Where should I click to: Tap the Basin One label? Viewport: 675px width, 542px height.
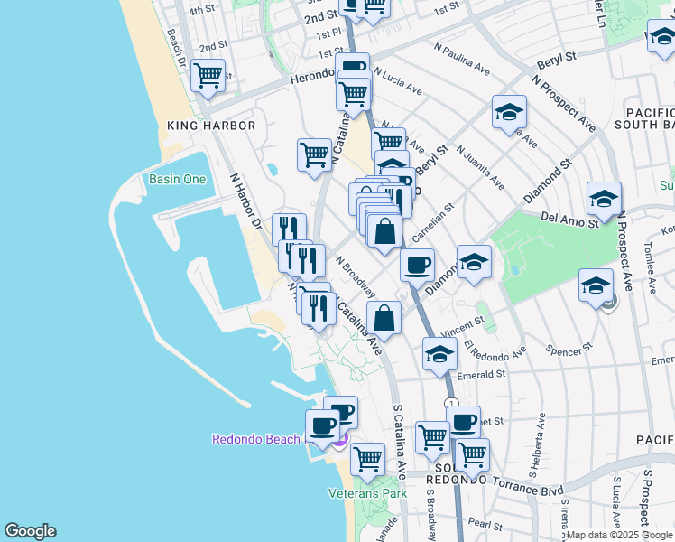178,179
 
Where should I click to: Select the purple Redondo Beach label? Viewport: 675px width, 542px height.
255,439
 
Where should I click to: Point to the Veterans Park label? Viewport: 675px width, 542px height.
367,493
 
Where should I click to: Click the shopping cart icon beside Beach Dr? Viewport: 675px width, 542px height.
208,76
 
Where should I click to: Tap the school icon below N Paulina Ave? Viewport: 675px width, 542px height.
509,113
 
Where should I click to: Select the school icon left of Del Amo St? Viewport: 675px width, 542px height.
604,198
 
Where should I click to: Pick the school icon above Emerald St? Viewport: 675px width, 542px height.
439,353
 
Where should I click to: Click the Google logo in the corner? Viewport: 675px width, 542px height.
30,531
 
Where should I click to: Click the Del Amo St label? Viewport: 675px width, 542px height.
570,220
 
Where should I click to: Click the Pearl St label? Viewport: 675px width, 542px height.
485,525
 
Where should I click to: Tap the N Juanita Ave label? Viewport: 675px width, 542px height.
480,167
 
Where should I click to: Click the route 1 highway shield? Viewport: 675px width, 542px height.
451,403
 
